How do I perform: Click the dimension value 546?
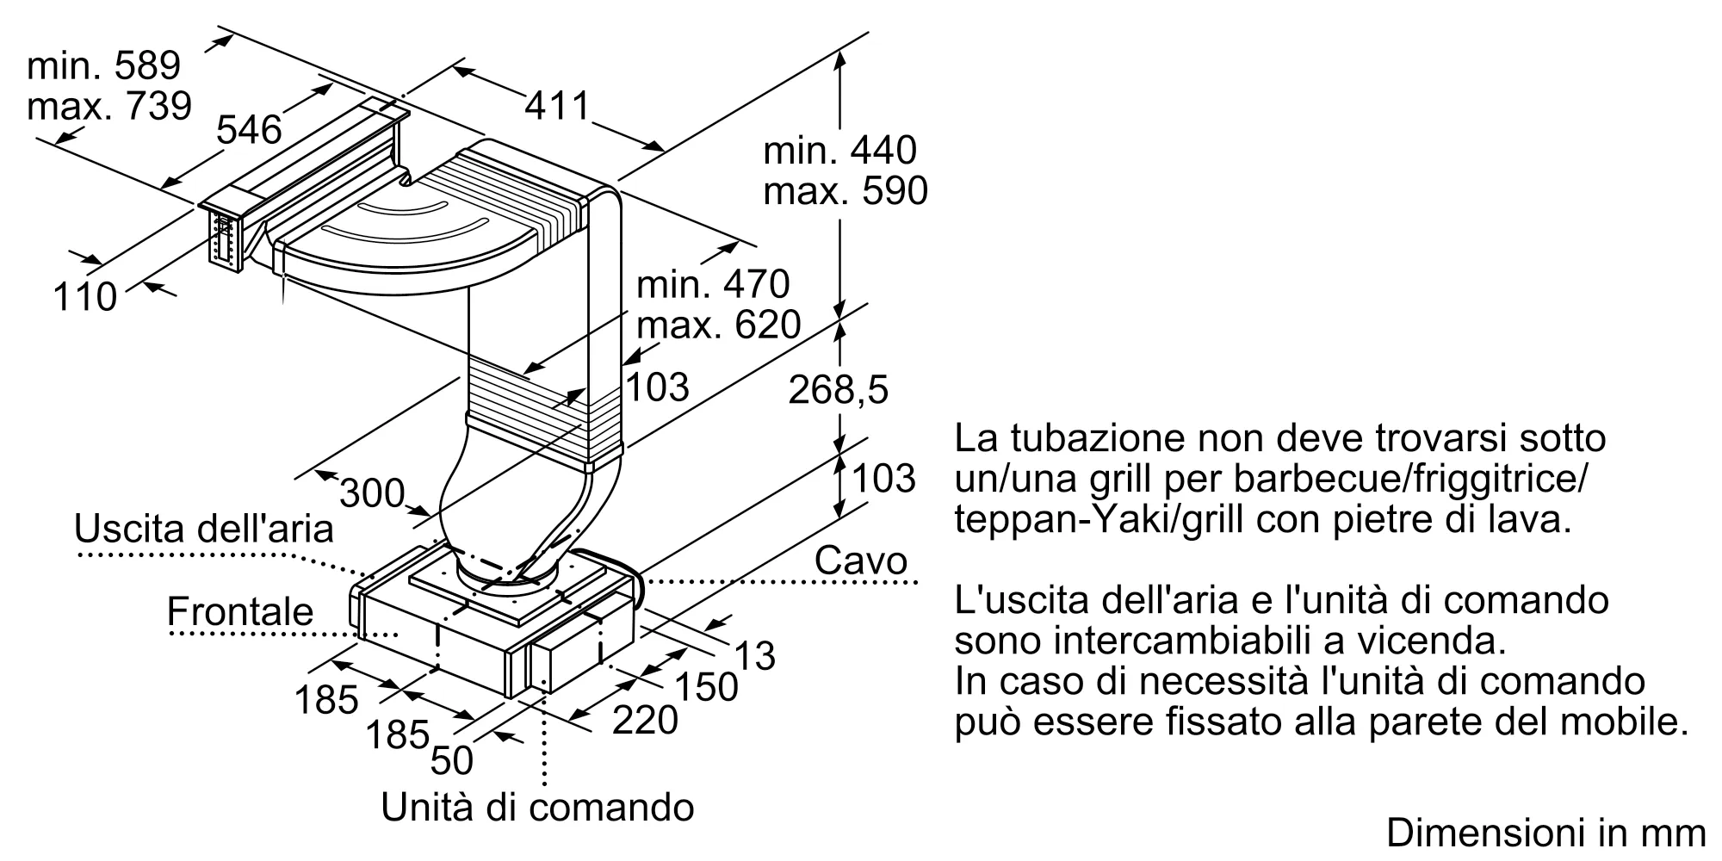pos(249,129)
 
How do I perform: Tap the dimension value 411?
pos(557,106)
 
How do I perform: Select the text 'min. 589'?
pos(103,65)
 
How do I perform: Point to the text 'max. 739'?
pos(108,106)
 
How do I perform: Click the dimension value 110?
pos(84,297)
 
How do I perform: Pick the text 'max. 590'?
pos(846,191)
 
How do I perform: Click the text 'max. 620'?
pos(719,325)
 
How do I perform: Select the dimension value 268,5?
pos(838,390)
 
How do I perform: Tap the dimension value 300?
pos(372,493)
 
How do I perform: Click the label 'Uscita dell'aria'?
pos(204,528)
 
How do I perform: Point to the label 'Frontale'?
pos(240,611)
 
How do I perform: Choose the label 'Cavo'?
pos(861,561)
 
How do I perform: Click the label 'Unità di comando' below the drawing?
pos(537,807)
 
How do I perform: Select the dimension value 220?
pos(645,720)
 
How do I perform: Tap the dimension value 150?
pos(706,686)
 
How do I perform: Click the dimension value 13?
pos(755,656)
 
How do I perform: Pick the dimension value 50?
pos(451,760)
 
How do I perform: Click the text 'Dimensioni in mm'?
pos(1545,833)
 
